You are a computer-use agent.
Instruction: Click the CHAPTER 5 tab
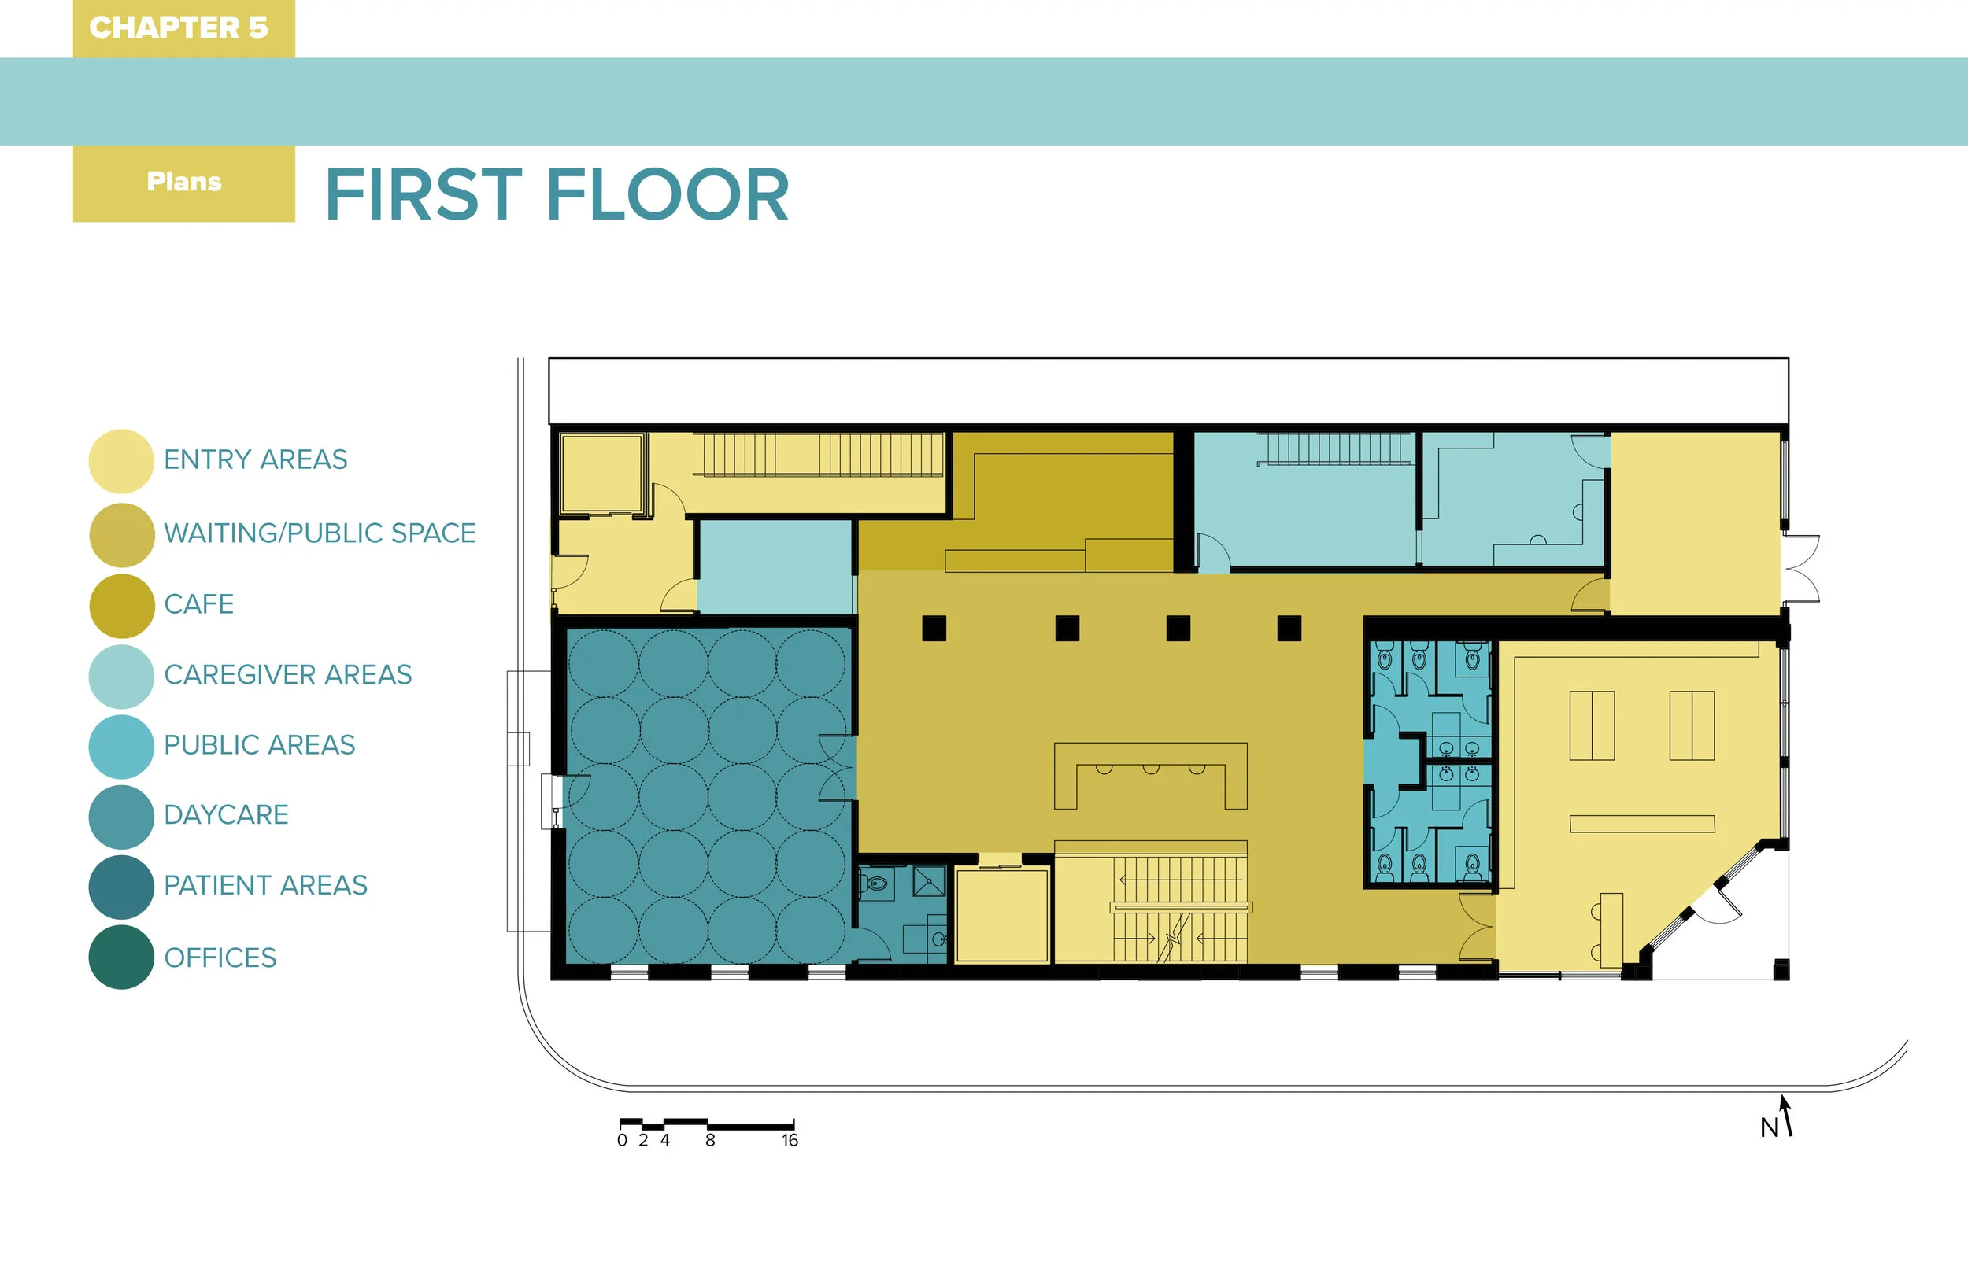point(183,28)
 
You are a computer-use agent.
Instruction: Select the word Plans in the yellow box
point(184,181)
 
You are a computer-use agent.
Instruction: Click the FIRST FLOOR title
point(557,194)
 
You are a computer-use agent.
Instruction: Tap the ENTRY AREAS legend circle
point(121,461)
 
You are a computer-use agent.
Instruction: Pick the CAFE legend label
point(198,604)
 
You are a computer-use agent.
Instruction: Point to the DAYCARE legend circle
point(121,817)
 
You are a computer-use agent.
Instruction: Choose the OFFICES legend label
point(220,958)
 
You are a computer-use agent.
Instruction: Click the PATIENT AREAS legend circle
point(121,887)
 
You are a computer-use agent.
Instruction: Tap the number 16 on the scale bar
point(790,1141)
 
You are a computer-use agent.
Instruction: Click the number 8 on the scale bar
point(710,1141)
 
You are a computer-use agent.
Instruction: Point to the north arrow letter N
point(1769,1127)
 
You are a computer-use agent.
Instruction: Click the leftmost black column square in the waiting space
point(934,628)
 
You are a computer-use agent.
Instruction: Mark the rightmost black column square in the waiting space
point(1289,628)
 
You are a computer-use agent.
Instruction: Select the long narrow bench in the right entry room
point(1642,823)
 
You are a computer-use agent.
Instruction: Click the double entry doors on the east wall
point(1803,569)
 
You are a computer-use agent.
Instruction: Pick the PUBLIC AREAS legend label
point(260,745)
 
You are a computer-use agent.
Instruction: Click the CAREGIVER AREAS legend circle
point(121,676)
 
